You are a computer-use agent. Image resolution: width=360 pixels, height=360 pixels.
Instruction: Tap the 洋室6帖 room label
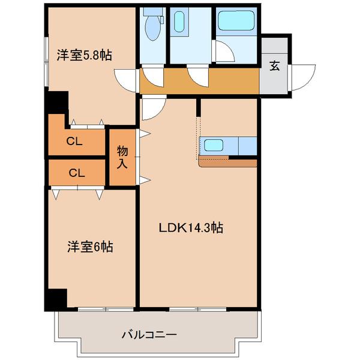tap(90, 246)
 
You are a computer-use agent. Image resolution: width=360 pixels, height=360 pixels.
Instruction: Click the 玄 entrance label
tap(274, 66)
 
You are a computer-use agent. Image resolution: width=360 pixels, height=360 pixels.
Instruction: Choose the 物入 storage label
tap(122, 158)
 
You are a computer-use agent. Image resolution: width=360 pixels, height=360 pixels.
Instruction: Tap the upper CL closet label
tap(74, 142)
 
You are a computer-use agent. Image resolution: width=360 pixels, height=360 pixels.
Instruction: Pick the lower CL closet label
tap(76, 173)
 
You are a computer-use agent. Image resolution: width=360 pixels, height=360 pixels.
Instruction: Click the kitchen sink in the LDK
tap(214, 145)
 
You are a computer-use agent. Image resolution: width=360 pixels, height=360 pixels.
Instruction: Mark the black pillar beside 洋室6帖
tap(57, 298)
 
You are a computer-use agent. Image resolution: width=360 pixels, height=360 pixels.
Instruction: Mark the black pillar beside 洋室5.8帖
tap(57, 101)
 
